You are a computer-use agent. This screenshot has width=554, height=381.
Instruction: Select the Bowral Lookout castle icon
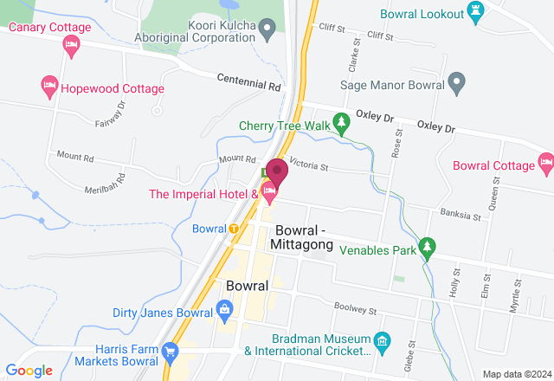474,10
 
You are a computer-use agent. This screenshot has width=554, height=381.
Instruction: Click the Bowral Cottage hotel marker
545,161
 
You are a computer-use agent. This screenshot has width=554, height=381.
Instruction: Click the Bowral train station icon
234,229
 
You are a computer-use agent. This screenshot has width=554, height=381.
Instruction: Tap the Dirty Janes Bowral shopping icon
224,309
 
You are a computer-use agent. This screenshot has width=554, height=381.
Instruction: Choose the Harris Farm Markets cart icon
170,352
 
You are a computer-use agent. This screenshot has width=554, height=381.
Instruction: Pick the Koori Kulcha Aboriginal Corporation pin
268,31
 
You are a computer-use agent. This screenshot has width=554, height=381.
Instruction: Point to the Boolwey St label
357,308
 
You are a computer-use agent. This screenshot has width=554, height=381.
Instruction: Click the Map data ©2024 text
516,374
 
